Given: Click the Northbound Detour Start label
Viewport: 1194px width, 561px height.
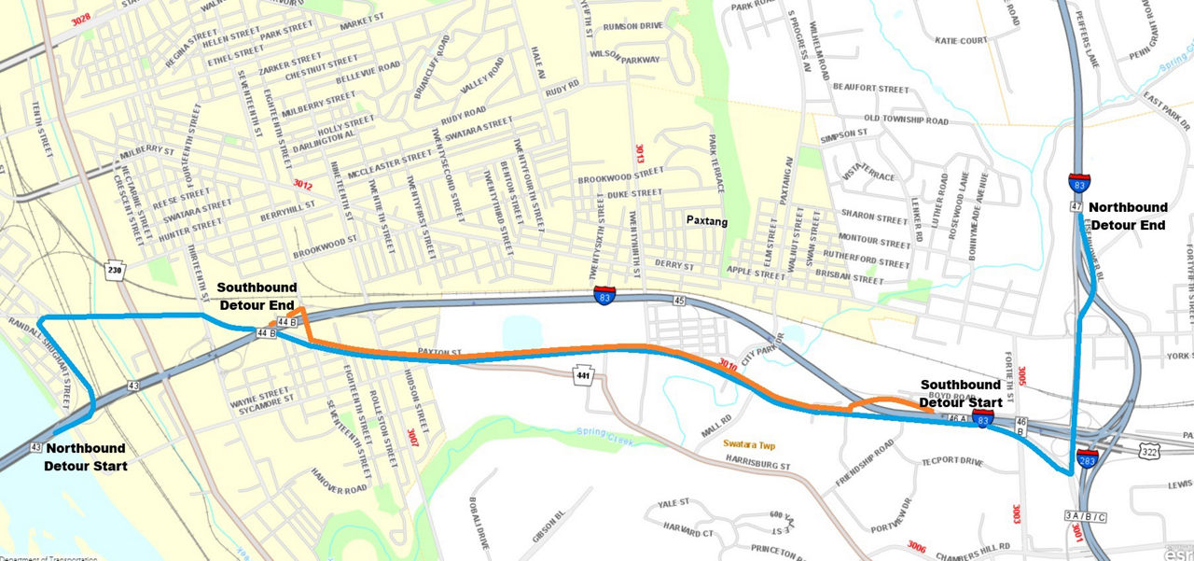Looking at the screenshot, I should pos(85,456).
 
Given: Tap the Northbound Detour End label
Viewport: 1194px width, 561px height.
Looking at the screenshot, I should pos(1128,215).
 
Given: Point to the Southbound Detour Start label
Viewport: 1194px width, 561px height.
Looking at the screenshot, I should pos(961,393).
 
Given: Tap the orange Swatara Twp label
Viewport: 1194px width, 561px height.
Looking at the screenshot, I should pos(754,444).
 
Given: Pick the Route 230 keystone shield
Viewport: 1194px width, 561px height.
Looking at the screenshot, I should pos(115,270).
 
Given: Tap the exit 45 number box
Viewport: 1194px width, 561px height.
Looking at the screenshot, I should pos(678,301).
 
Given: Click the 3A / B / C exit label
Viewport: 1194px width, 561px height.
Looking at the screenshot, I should pos(1085,516).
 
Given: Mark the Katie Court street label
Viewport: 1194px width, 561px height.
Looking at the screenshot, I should pos(961,41).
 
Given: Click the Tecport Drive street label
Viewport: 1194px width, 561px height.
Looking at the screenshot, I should pos(951,461).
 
